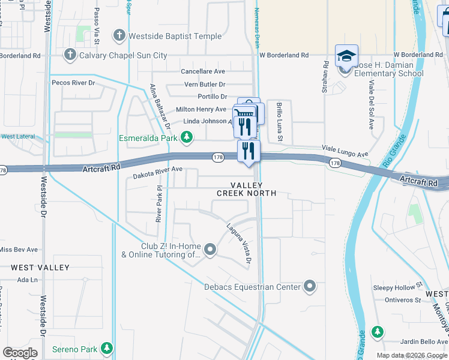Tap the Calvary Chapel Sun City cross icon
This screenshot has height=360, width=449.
pyautogui.click(x=70, y=55)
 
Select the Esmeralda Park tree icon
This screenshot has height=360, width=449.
pyautogui.click(x=187, y=139)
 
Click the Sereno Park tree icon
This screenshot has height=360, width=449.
pyautogui.click(x=107, y=348)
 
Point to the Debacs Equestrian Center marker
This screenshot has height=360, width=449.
pyautogui.click(x=309, y=287)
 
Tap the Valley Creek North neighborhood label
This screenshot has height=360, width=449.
pyautogui.click(x=246, y=189)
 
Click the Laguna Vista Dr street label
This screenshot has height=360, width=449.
pyautogui.click(x=238, y=244)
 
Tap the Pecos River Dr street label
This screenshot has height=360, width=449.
pyautogui.click(x=74, y=82)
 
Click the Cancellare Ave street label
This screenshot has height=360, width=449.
pyautogui.click(x=203, y=71)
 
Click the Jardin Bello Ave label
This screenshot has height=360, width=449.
pyautogui.click(x=408, y=341)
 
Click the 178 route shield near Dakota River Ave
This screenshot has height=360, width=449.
pyautogui.click(x=218, y=157)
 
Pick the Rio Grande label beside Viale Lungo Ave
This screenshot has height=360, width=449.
pyautogui.click(x=391, y=152)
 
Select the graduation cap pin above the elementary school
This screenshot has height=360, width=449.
pyautogui.click(x=346, y=56)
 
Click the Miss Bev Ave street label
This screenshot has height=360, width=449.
pyautogui.click(x=18, y=250)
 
